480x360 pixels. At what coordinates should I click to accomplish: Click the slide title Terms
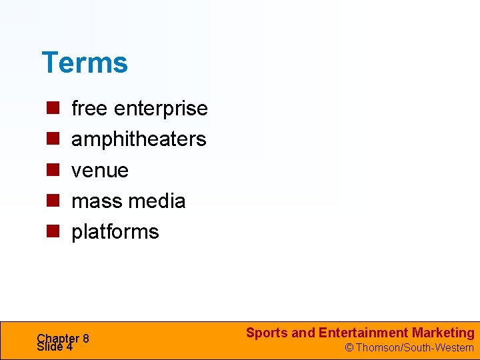[84, 63]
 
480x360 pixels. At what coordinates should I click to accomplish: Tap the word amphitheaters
[139, 139]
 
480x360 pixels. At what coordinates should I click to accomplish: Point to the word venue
[100, 170]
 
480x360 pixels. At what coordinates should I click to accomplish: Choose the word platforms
[115, 231]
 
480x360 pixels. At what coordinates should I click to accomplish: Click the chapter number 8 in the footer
[86, 338]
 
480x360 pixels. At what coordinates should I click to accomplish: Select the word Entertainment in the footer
[363, 333]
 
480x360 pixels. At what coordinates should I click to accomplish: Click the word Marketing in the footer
[443, 333]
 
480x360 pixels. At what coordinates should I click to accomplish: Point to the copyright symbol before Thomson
[348, 348]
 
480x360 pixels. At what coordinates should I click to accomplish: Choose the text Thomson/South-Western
[414, 348]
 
